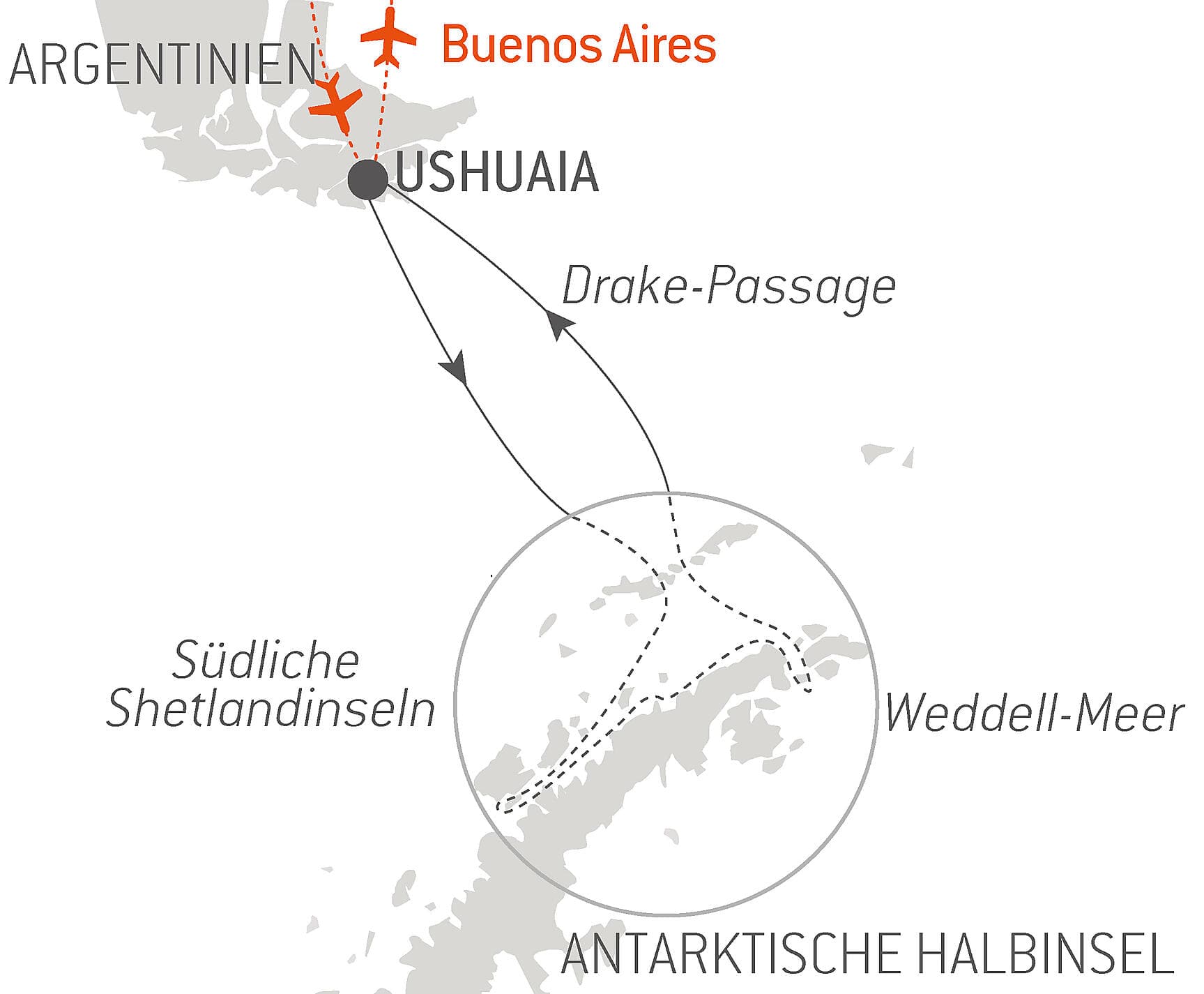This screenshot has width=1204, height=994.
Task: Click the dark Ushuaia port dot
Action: pos(367,179)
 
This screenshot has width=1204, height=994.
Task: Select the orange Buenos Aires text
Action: pos(579,45)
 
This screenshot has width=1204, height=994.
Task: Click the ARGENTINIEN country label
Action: pos(162,65)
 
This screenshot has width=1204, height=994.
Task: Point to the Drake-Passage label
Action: pos(729,287)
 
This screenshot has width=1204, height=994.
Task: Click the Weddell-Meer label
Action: pos(1035,713)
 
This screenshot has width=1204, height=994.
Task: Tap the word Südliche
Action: pos(265,660)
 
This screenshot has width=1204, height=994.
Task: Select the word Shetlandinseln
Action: pos(270,709)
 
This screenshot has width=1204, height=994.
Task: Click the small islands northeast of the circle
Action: pos(885,455)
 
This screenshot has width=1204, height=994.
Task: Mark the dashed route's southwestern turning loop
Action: pos(505,805)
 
